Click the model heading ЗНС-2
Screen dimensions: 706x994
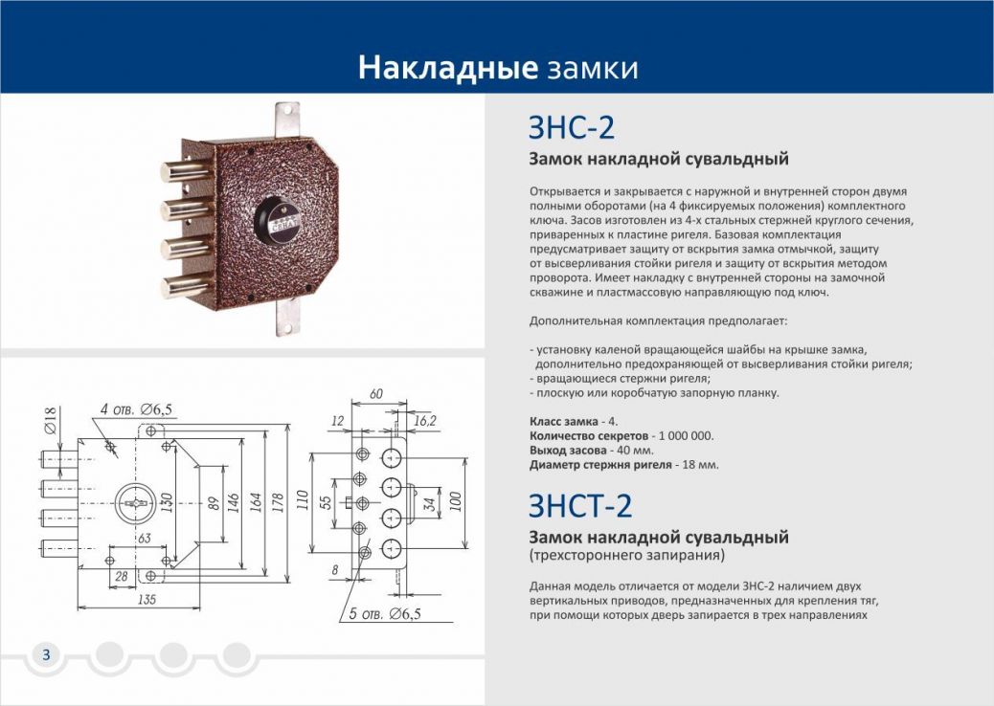(571, 128)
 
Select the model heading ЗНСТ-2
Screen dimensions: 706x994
(580, 504)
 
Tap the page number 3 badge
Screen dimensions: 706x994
(46, 654)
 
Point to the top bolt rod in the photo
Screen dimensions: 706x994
(183, 173)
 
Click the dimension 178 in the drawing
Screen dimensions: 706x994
(278, 503)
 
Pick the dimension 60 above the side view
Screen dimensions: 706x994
(375, 394)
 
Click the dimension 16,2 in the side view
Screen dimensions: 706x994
(425, 419)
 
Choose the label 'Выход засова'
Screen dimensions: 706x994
(567, 450)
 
